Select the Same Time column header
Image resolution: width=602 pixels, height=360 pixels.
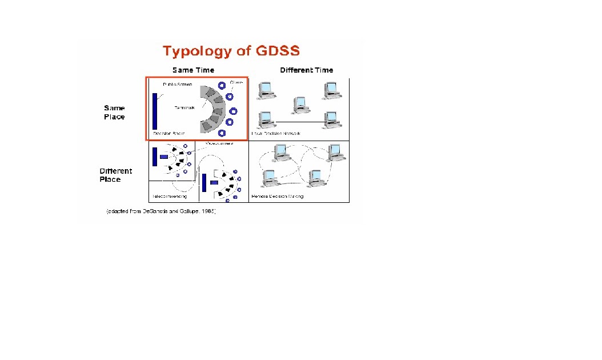coord(193,70)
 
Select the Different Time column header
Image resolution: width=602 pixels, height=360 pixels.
coord(306,70)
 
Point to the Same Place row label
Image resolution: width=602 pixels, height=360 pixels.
coord(114,112)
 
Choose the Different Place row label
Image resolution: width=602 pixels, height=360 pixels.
coord(115,175)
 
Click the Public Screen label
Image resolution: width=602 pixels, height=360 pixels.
coord(178,85)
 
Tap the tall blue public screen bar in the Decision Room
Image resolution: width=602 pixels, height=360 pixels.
coord(154,111)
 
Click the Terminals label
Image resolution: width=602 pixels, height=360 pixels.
coord(185,107)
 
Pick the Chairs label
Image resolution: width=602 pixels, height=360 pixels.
coord(236,82)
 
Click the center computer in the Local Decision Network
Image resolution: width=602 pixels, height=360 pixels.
coord(300,105)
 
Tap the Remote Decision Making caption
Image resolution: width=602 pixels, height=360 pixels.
coord(278,197)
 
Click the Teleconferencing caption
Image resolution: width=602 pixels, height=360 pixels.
coord(169,197)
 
